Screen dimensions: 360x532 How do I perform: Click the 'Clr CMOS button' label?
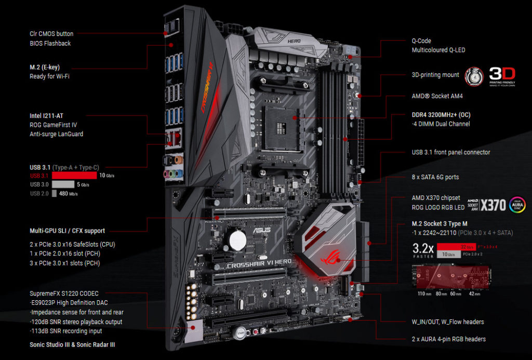[51, 34]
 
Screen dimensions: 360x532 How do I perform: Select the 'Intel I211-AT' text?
[49, 115]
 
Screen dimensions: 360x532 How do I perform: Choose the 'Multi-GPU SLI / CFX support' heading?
[68, 231]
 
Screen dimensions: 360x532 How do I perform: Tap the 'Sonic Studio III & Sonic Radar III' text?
[72, 344]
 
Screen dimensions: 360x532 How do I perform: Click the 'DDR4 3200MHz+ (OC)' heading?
[441, 115]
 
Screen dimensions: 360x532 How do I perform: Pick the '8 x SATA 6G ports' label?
[434, 177]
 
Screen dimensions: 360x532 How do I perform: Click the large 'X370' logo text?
[493, 205]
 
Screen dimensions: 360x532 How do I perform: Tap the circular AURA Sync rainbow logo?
[517, 205]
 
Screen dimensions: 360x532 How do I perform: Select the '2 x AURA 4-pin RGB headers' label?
[445, 339]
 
